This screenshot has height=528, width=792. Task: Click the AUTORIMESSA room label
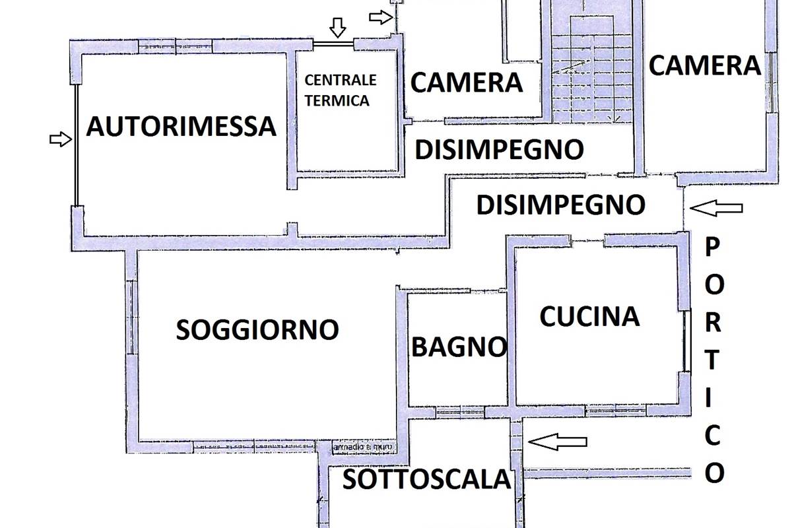[x=181, y=126]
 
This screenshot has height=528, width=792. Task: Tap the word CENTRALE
[x=341, y=81]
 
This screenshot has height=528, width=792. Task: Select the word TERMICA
[x=337, y=101]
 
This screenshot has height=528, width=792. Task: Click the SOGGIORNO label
[x=257, y=329]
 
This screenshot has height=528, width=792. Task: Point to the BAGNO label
[x=459, y=346]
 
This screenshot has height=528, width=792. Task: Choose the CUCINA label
[x=589, y=317]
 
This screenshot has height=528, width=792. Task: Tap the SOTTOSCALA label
[x=427, y=480]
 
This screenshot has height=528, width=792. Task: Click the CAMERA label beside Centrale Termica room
[x=467, y=83]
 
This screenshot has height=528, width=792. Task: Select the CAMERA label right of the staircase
[x=705, y=65]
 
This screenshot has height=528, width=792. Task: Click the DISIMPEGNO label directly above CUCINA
[x=560, y=205]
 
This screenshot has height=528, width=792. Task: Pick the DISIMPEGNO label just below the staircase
[x=499, y=150]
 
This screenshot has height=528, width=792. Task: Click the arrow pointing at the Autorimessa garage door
[x=60, y=139]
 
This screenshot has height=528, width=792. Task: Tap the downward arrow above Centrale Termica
[x=338, y=27]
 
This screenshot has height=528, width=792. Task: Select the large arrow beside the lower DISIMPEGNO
[x=716, y=209]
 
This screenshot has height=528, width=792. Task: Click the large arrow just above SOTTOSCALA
[x=558, y=442]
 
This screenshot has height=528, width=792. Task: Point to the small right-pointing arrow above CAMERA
[x=380, y=17]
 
